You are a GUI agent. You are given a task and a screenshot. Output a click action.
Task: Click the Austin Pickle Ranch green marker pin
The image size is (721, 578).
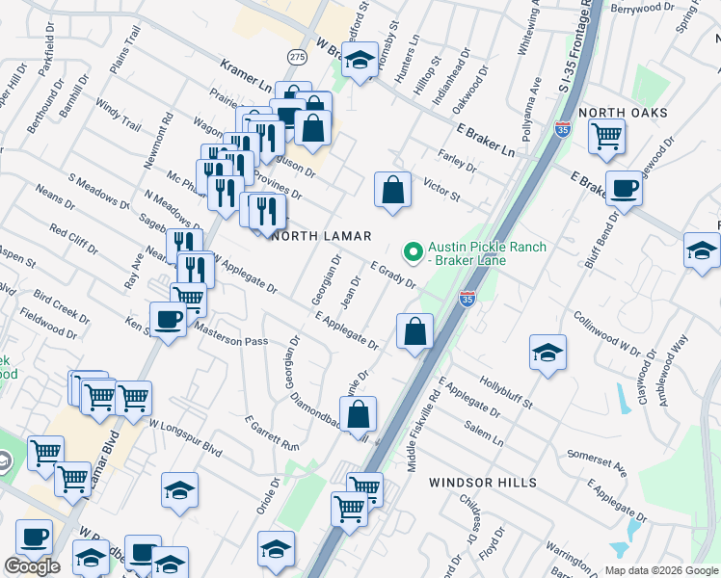click(x=414, y=253)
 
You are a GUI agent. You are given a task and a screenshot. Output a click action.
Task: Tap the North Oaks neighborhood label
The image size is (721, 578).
click(x=622, y=113)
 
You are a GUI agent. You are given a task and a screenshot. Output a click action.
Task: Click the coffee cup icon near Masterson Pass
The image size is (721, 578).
click(x=168, y=319)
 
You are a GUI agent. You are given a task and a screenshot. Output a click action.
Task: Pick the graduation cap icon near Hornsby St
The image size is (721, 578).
click(x=360, y=62)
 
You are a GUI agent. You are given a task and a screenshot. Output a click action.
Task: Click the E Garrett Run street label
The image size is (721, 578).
click(x=272, y=433)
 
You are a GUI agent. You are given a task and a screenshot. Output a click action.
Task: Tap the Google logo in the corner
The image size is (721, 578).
click(x=32, y=566)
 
